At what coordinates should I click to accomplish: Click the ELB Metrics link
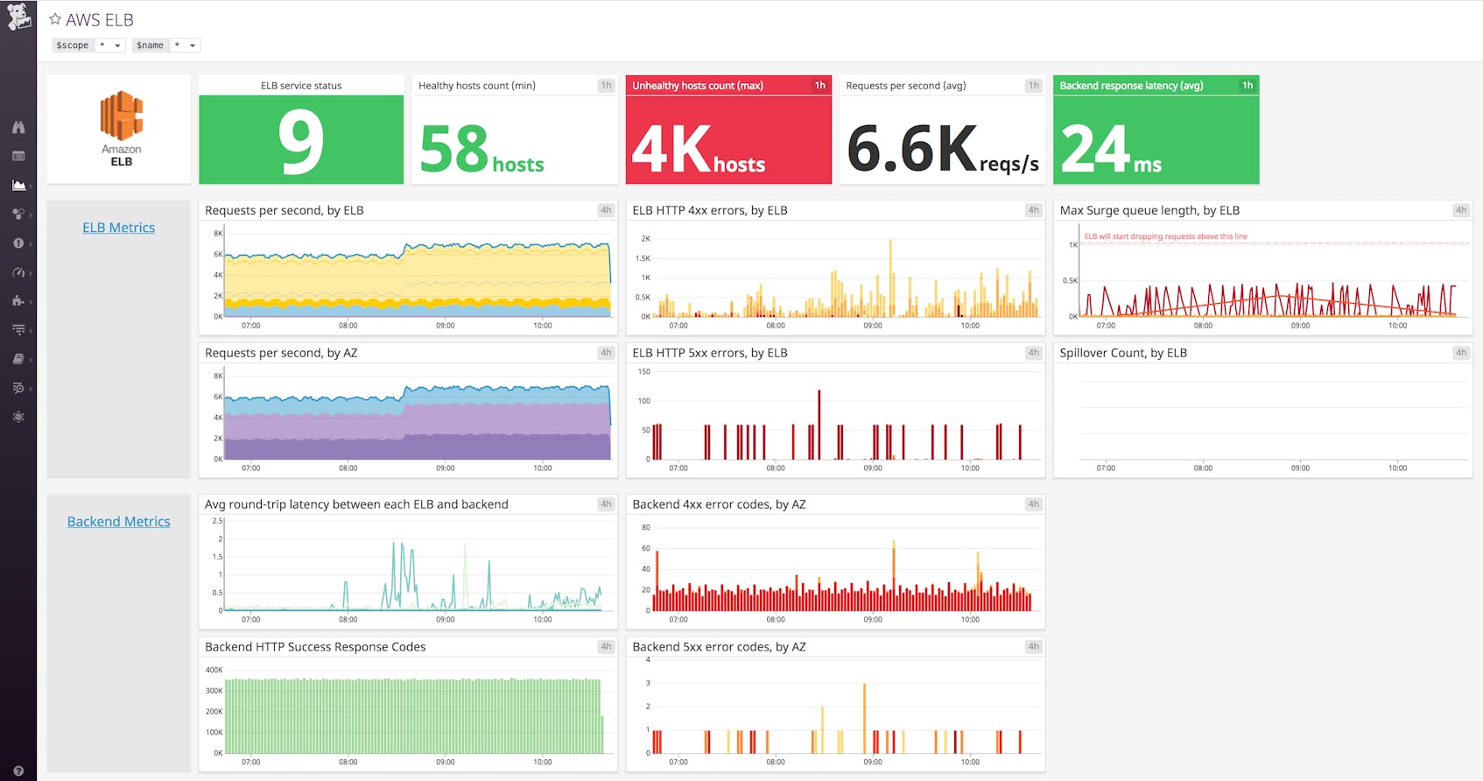tap(118, 228)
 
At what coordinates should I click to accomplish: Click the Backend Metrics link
tap(118, 522)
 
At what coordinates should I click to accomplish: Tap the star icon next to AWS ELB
tap(55, 19)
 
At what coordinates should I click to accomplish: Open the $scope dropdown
tap(110, 46)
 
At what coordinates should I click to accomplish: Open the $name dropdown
tap(186, 46)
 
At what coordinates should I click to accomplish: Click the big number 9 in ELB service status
tap(300, 142)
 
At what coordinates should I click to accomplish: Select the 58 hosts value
tap(481, 151)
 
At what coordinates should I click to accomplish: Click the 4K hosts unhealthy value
tap(698, 151)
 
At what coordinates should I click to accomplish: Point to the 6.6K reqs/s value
tap(942, 151)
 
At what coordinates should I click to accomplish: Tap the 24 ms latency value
tap(1110, 151)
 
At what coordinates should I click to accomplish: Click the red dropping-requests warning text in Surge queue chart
tap(1165, 236)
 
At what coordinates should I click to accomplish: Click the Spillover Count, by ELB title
tap(1123, 353)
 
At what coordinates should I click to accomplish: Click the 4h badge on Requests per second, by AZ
tap(606, 353)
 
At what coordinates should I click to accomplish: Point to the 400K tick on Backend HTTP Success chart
tap(214, 670)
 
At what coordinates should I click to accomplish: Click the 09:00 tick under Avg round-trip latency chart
tap(446, 619)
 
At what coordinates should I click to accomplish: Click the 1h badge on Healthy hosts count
tap(606, 86)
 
